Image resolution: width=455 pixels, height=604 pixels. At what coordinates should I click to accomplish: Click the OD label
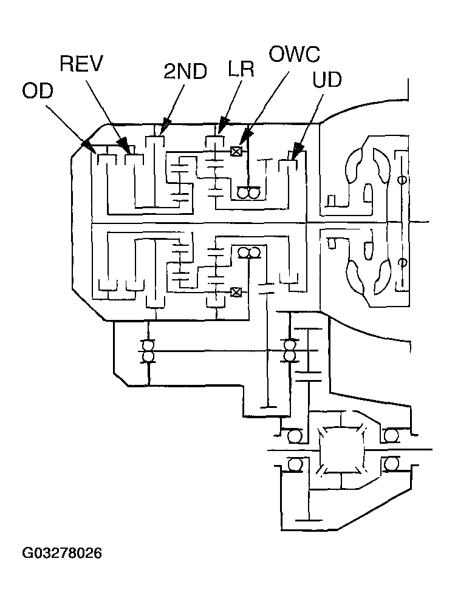38,92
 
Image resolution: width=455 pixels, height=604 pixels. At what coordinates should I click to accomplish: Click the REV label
82,64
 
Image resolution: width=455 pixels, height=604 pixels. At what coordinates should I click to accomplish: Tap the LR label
241,69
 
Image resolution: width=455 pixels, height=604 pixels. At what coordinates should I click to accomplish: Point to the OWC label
294,54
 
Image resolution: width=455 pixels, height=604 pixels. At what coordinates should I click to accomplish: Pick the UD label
327,80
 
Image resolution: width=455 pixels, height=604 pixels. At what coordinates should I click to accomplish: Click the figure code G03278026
62,553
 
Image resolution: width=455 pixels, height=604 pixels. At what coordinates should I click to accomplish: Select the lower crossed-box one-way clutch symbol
235,293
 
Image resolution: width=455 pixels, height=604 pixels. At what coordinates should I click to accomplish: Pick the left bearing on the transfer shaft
148,350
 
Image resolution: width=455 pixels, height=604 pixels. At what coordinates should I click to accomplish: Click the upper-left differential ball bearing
295,436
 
